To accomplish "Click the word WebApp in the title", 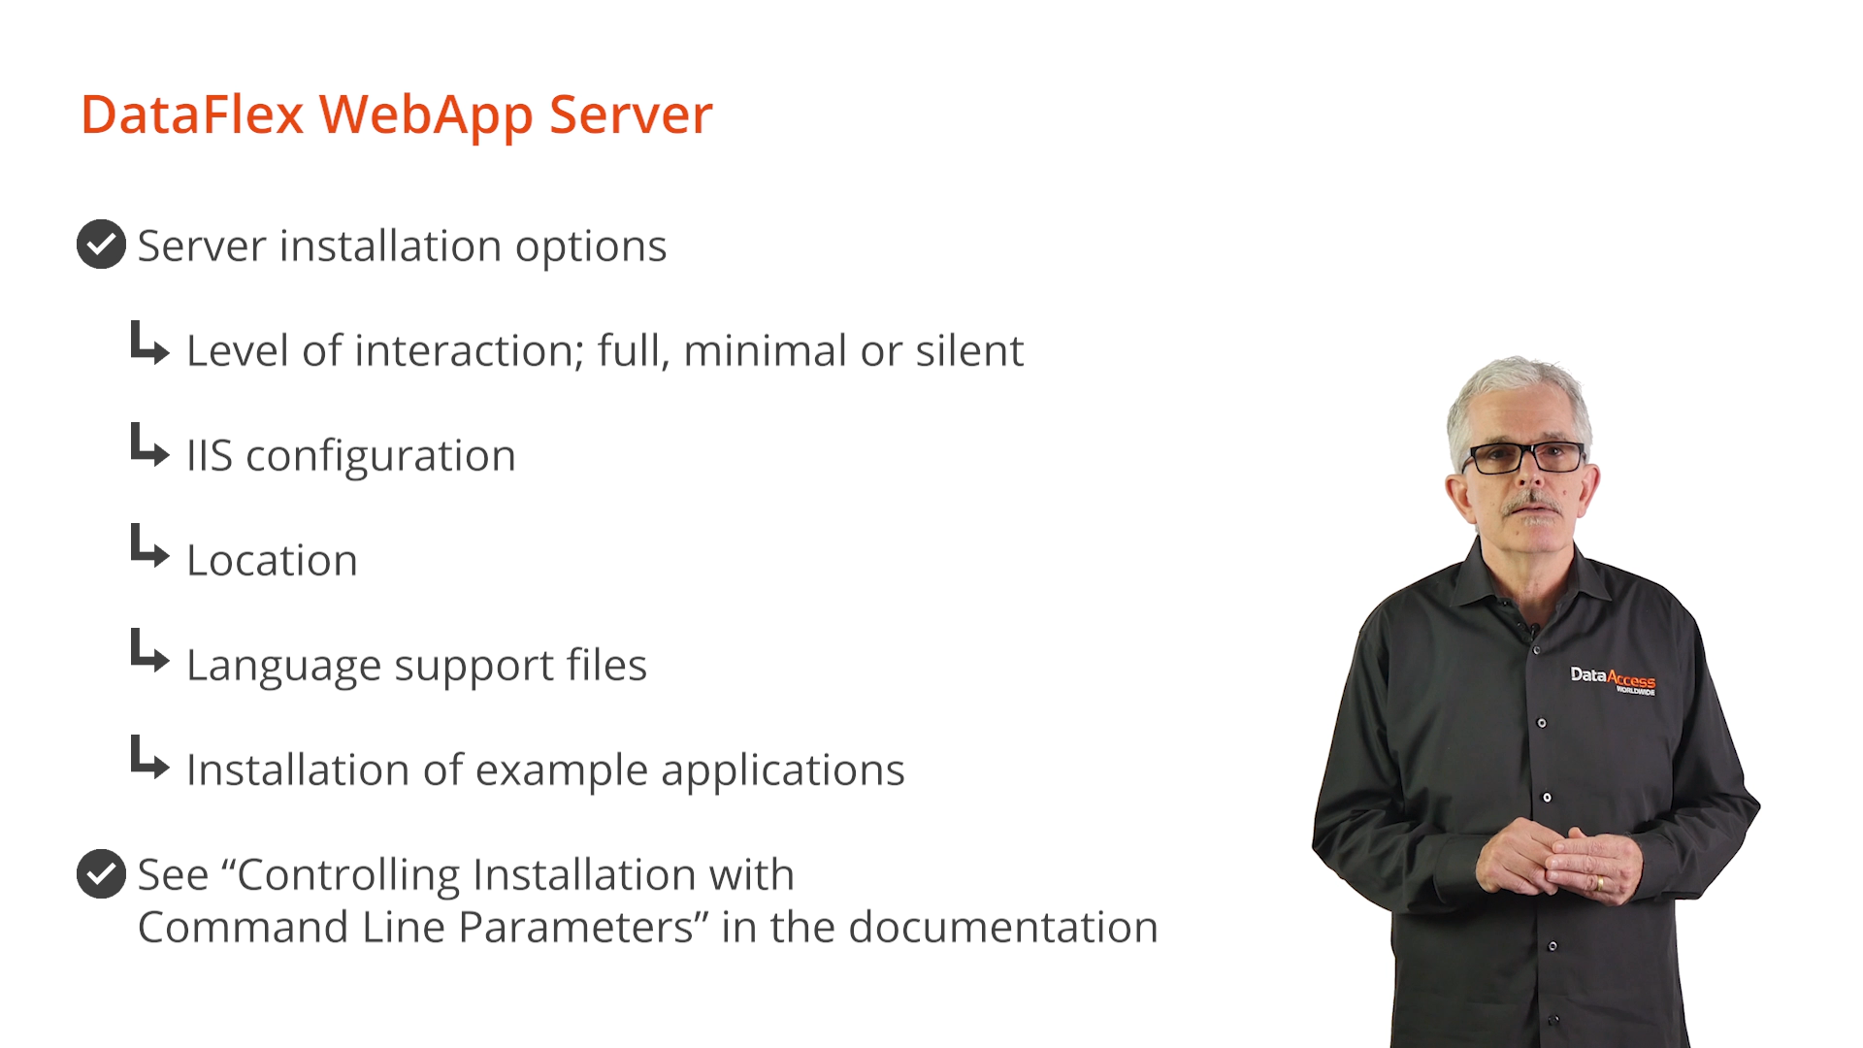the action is [x=426, y=115].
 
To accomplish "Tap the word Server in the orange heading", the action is [x=631, y=115].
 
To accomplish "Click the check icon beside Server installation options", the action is [x=101, y=244].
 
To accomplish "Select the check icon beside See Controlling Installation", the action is [x=101, y=873].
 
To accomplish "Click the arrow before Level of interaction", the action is [x=149, y=344].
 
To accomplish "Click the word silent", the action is [x=969, y=350].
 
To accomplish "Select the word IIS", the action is [x=210, y=455].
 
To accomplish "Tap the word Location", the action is [x=272, y=560].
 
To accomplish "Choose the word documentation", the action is [x=1003, y=927].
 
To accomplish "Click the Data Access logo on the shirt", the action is [x=1613, y=679].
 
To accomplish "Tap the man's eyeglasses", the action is [x=1523, y=457].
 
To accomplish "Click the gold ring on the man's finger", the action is [x=1600, y=883].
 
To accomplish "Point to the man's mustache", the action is [x=1530, y=504].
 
